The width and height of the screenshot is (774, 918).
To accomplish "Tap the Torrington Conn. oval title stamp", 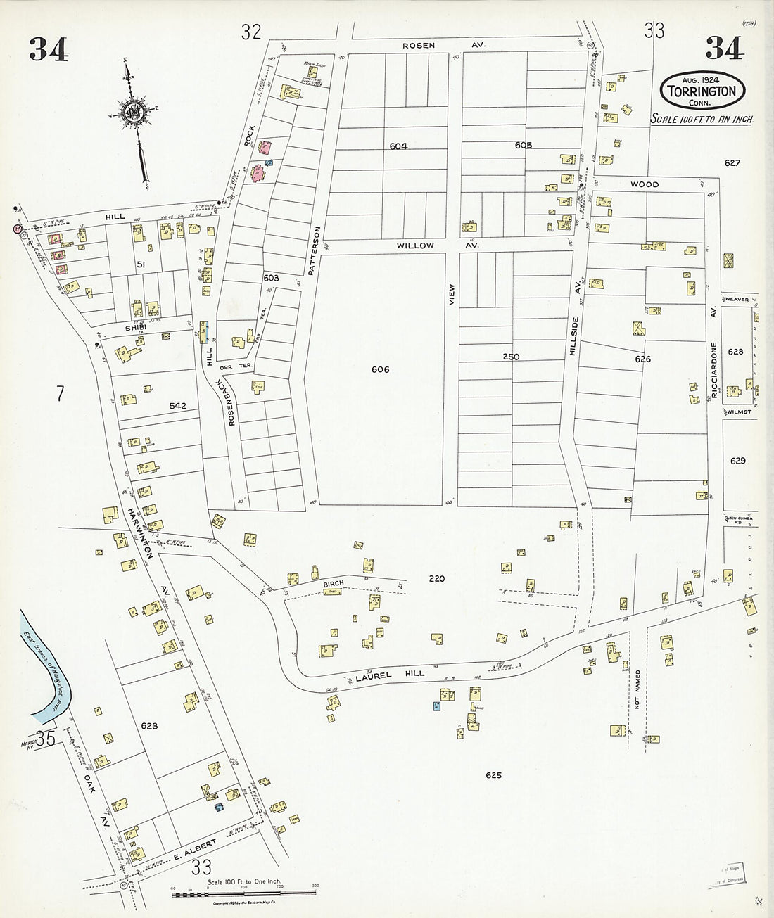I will click(x=697, y=88).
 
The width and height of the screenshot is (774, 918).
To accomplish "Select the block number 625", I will click(x=493, y=775).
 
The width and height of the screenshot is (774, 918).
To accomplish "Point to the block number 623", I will click(x=148, y=726).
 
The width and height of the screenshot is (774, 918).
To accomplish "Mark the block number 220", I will click(x=436, y=578).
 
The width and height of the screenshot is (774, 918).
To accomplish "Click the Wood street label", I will click(x=644, y=184).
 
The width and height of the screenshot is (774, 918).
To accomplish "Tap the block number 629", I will click(x=737, y=461).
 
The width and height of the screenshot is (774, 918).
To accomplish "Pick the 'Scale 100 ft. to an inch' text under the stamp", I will click(x=701, y=120).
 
